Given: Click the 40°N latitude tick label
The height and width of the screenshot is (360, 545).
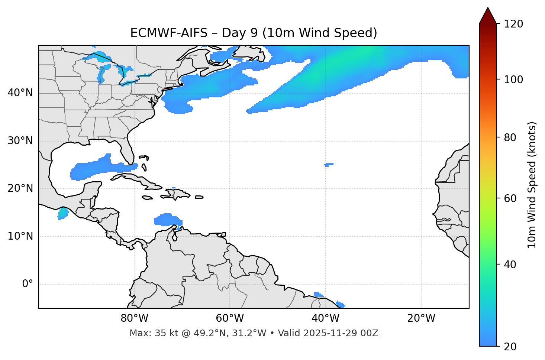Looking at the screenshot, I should [x=20, y=93].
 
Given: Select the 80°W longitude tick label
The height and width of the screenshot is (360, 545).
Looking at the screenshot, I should [x=134, y=318].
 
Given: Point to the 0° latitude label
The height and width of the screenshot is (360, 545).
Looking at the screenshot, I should [x=28, y=284].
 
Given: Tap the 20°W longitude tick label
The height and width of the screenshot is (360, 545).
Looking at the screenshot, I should [x=421, y=318].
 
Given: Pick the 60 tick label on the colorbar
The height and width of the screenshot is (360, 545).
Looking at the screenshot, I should [x=510, y=198].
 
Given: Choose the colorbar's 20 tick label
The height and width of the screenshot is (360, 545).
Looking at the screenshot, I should [x=510, y=347].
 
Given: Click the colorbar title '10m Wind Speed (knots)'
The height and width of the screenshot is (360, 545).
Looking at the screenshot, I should [x=532, y=185].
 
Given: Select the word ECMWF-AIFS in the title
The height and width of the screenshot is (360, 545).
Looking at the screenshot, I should [x=169, y=33].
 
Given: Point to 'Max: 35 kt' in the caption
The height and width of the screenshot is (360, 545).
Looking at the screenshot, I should [x=148, y=333].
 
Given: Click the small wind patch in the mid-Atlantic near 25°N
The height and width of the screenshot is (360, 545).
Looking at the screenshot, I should [x=328, y=164].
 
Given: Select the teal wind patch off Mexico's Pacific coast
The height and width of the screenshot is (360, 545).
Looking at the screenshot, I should [x=63, y=213].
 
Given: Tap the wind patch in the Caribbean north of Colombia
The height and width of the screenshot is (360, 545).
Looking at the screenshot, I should [x=167, y=220].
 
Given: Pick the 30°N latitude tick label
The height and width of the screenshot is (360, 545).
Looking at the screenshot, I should [x=20, y=141].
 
